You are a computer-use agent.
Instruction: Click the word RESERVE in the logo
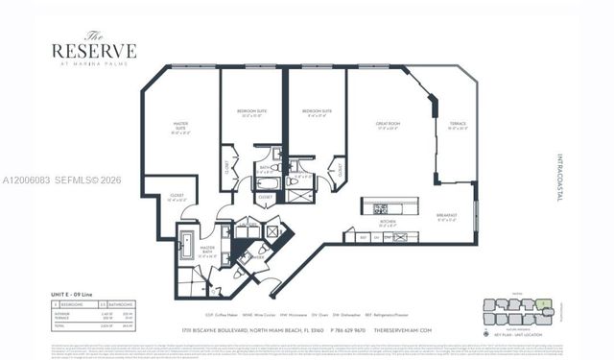coord(93,51)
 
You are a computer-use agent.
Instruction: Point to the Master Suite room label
coord(180,126)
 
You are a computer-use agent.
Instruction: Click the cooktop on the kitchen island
coord(381,207)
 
